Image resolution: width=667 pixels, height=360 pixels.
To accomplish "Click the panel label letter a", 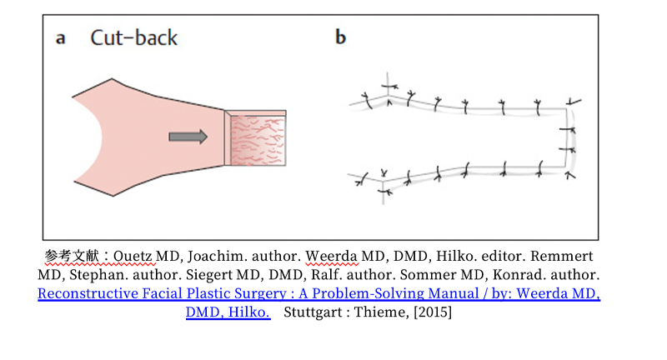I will pyautogui.click(x=61, y=38).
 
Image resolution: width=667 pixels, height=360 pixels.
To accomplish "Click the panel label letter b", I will pyautogui.click(x=340, y=38).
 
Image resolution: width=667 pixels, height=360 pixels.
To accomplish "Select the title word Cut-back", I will pyautogui.click(x=133, y=37).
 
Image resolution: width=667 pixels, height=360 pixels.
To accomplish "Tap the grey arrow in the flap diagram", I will pyautogui.click(x=188, y=137).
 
